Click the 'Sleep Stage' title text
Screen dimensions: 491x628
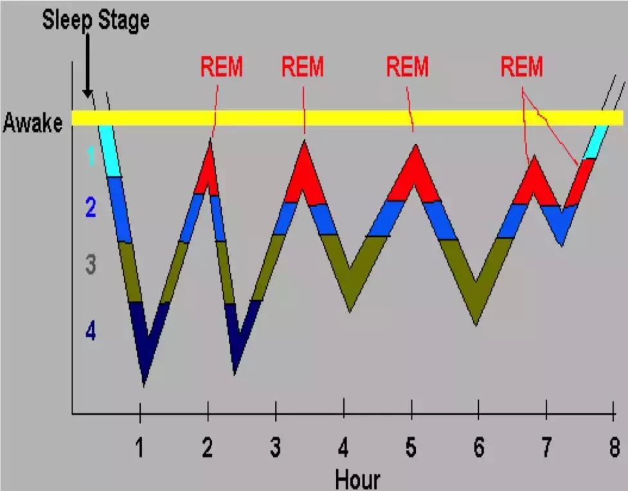96,20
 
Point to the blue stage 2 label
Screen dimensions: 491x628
90,208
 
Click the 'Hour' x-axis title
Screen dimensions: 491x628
357,479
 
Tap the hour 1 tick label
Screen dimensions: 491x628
139,449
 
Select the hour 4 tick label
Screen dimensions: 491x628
344,449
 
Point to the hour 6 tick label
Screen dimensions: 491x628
479,449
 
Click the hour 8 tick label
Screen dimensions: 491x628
615,449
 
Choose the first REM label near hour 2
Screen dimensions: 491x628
221,68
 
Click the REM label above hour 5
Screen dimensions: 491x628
407,68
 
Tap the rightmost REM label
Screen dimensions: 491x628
522,68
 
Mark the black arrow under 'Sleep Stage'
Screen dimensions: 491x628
87,68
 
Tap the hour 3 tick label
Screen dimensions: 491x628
275,449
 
